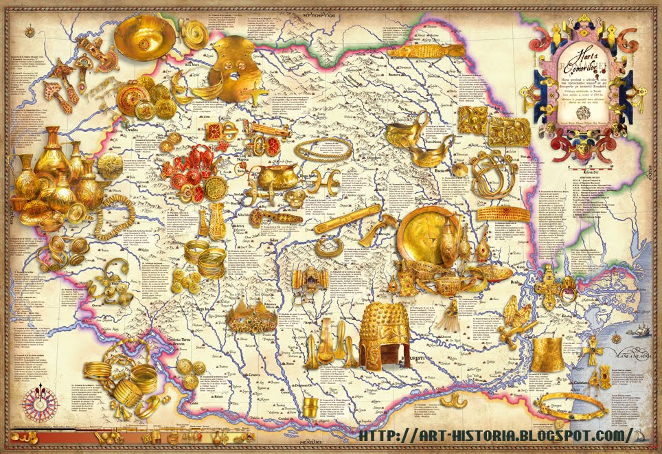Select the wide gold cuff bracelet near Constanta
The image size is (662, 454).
coord(549,353)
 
